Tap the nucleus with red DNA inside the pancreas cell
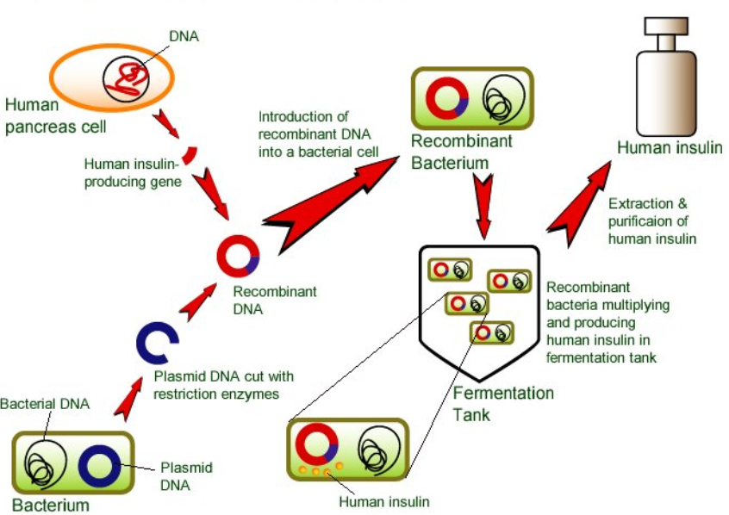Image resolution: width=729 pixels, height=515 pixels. click(x=126, y=79)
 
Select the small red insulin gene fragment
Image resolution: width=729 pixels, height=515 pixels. click(x=190, y=156)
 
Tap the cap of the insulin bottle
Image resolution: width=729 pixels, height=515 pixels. click(x=666, y=26)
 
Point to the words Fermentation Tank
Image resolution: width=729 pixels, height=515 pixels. click(x=503, y=403)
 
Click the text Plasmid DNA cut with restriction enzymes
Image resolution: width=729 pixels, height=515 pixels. click(x=224, y=385)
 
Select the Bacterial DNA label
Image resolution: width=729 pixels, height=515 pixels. click(x=45, y=403)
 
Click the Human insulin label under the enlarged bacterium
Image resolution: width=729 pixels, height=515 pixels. click(x=384, y=501)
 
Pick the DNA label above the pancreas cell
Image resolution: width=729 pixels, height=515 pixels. click(x=184, y=36)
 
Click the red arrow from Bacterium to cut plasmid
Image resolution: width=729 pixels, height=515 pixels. click(x=128, y=400)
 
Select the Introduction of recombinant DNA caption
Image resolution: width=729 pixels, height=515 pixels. click(x=319, y=133)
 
